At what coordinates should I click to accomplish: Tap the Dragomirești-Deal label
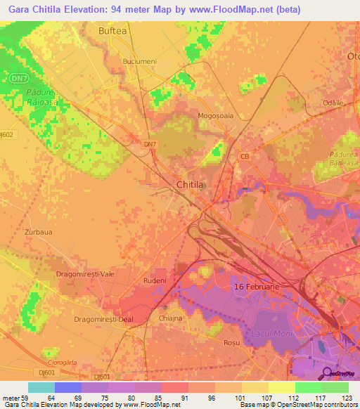[103, 318]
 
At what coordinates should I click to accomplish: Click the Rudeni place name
[154, 280]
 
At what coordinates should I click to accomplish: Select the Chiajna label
[171, 318]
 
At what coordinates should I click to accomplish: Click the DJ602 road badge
[6, 134]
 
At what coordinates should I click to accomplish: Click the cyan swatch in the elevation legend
[41, 387]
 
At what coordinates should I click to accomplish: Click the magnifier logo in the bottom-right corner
[326, 372]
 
